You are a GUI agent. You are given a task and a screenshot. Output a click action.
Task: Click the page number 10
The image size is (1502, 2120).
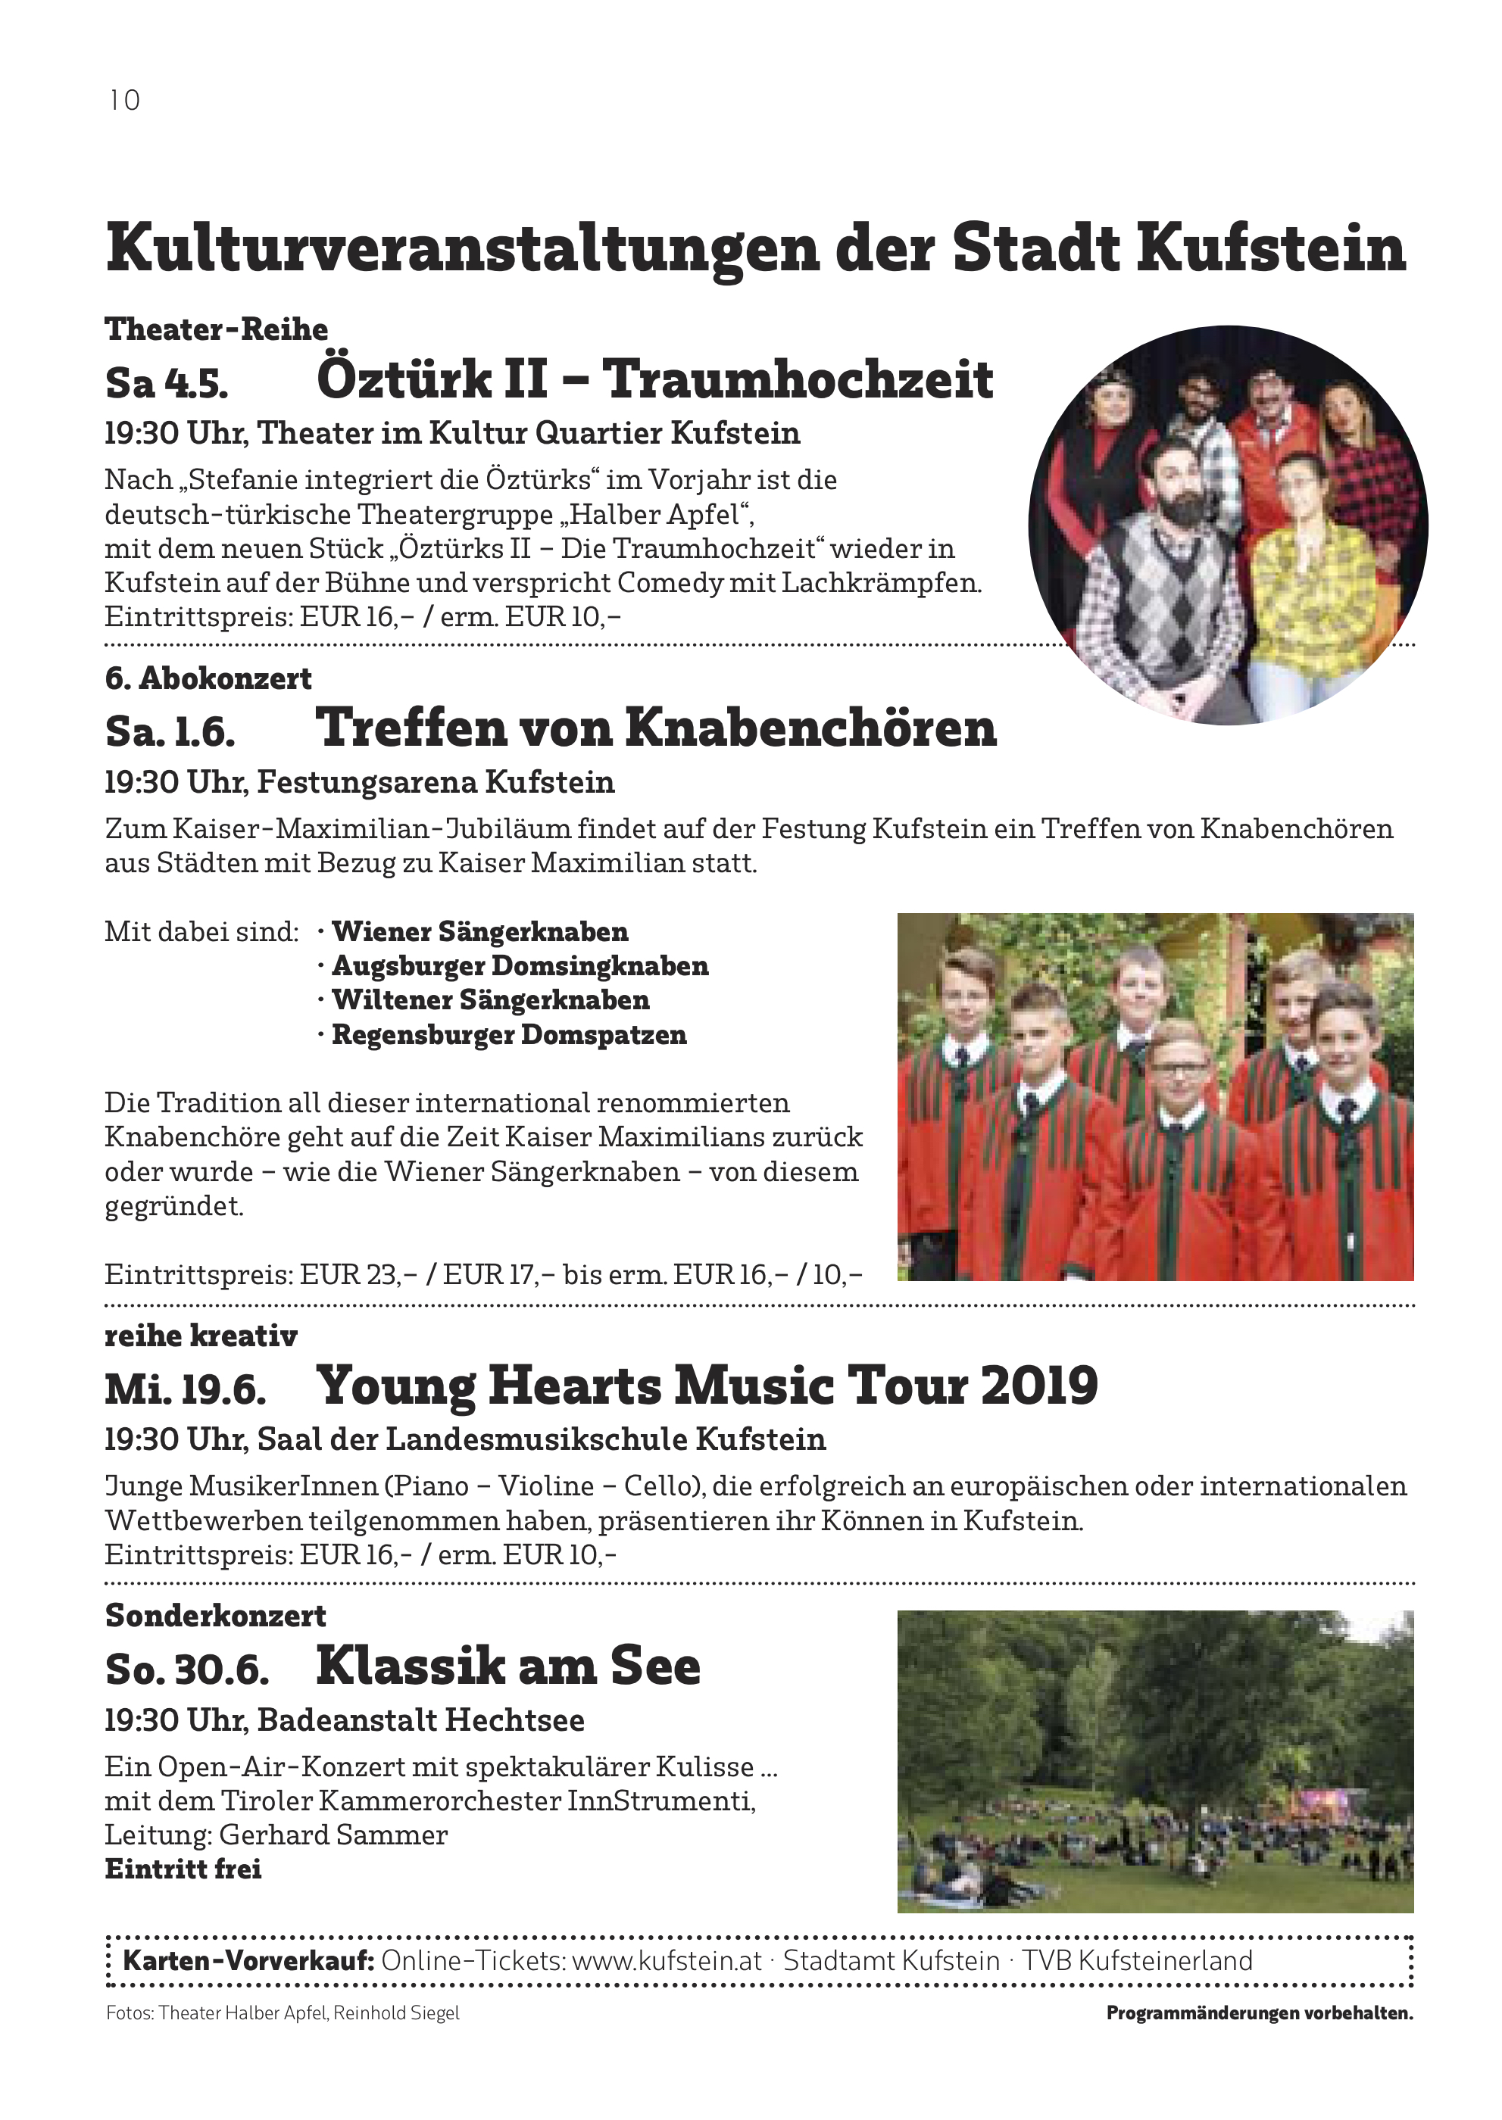[124, 100]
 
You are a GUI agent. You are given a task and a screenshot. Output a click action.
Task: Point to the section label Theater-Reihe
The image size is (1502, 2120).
[217, 329]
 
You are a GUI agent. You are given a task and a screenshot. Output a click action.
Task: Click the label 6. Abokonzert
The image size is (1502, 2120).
[208, 678]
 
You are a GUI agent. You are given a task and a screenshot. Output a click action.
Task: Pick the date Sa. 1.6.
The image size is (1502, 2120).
[170, 731]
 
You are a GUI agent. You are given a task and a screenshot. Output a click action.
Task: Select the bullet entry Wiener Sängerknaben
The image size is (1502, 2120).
[479, 931]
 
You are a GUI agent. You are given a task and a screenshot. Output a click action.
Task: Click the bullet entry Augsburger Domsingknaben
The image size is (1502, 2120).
[520, 965]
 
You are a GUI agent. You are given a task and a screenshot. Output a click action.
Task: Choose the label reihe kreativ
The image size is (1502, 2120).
[201, 1335]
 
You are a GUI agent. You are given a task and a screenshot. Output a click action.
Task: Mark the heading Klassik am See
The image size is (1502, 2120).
[507, 1666]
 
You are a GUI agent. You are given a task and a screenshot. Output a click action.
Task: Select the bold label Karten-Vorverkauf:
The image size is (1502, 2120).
[248, 1960]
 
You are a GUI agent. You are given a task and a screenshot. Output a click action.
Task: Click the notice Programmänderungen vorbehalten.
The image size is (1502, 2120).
[1259, 2012]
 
